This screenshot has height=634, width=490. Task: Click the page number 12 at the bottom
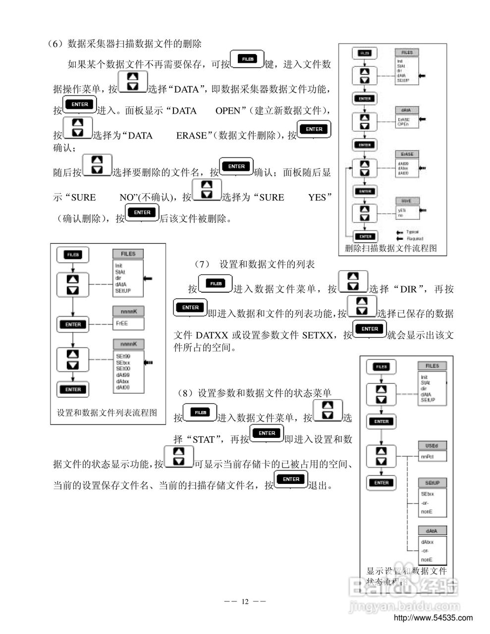tap(245, 601)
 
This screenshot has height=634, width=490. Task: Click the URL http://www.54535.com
tap(433, 618)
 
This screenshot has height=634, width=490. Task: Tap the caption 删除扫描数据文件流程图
tap(391, 248)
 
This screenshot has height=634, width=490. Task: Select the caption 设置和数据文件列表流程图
tap(107, 412)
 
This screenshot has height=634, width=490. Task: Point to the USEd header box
tap(432, 445)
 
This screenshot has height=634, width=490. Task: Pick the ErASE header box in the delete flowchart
tap(406, 154)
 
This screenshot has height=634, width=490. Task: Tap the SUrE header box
tap(406, 201)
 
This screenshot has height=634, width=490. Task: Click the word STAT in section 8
tap(203, 439)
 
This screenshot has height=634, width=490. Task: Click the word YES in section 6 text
tap(317, 197)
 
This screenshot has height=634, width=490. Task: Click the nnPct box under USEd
tap(427, 457)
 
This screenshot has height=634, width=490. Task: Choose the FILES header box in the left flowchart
tap(128, 254)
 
